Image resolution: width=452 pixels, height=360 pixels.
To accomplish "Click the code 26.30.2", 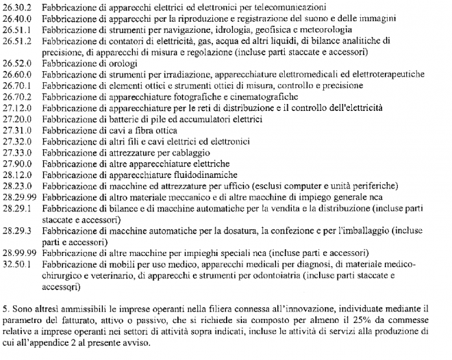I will coord(17,8).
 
